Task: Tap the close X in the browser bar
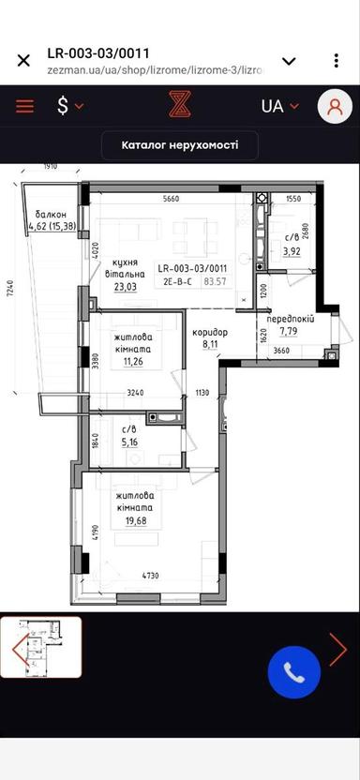point(23,61)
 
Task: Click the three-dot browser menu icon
point(336,61)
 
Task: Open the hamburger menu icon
point(24,106)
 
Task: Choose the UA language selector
point(279,106)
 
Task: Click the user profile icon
point(334,106)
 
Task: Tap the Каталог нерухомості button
point(180,145)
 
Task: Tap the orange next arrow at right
point(337,649)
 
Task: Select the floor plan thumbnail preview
point(41,648)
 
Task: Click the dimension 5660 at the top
point(171,199)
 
